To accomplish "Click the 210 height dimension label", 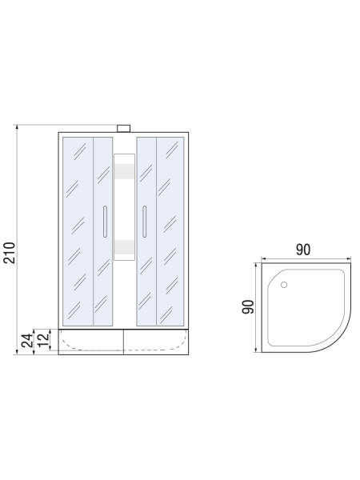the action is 9,253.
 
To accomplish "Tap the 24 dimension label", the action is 27,341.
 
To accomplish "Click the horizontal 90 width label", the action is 303,250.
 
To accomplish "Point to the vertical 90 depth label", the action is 248,306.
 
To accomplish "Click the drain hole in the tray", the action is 284,285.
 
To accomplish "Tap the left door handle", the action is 105,222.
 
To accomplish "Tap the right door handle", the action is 145,222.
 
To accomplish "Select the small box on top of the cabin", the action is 124,128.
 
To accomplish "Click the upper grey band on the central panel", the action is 124,171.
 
